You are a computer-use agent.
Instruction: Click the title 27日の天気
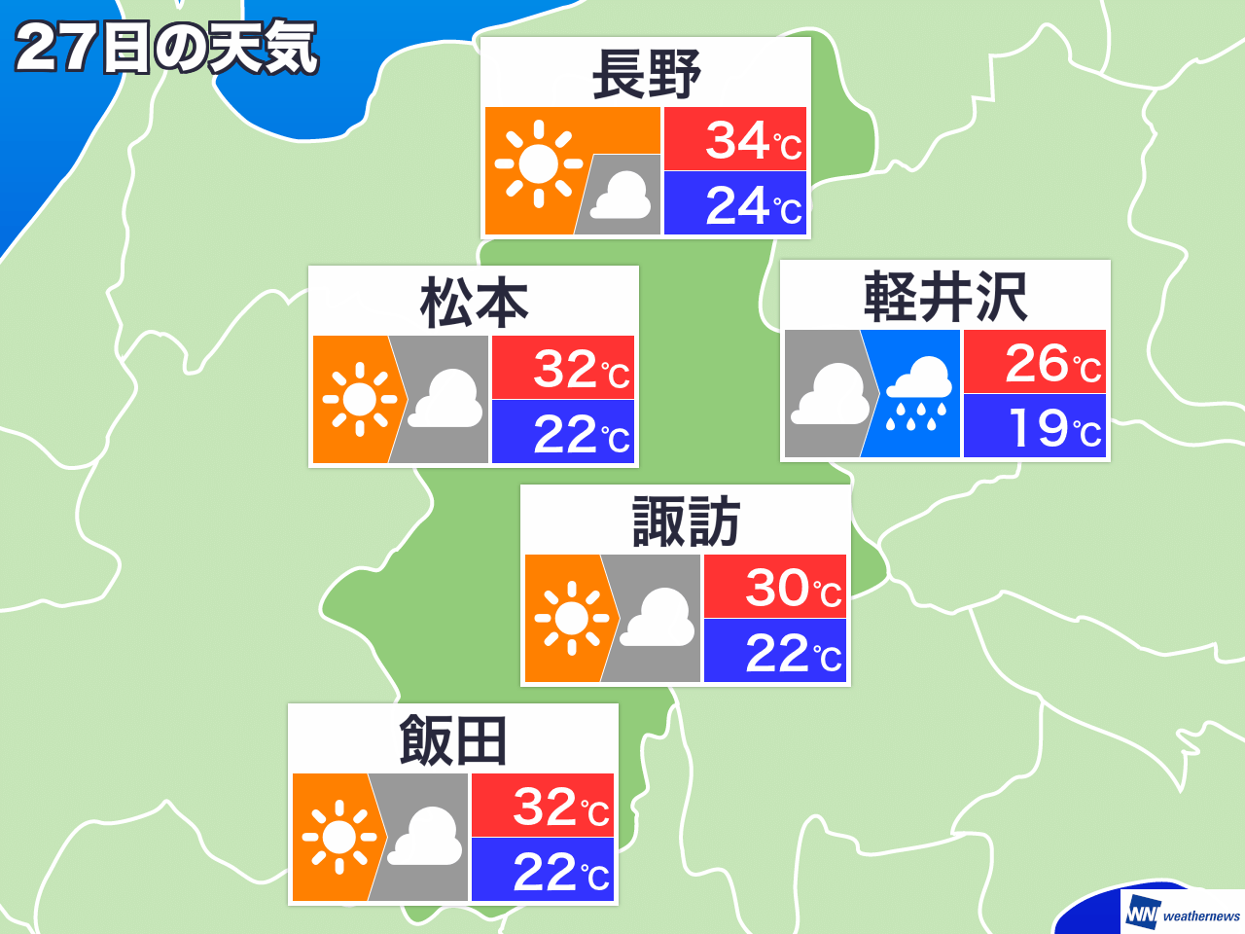tap(166, 48)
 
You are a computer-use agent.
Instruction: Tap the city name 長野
tap(646, 75)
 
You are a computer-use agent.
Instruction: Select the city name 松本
tap(474, 303)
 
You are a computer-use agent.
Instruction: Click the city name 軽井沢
tap(944, 297)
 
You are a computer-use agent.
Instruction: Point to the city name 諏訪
tap(686, 521)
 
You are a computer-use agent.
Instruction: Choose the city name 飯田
tap(453, 741)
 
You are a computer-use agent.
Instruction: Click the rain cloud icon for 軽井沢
tap(917, 394)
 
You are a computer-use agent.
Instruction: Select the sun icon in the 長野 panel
tap(538, 163)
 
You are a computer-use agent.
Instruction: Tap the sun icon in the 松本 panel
tap(359, 399)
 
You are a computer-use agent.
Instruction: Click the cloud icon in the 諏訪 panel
tap(658, 619)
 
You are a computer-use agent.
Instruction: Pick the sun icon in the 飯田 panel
tap(338, 837)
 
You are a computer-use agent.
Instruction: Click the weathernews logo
tap(1183, 915)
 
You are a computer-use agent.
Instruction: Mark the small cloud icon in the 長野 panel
tap(622, 196)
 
